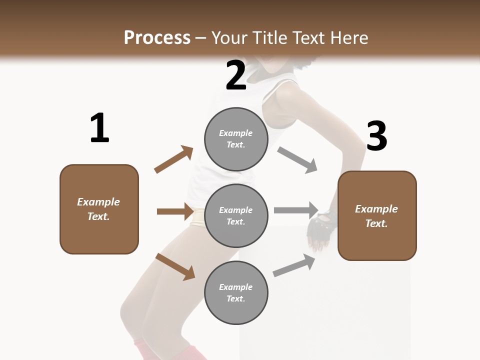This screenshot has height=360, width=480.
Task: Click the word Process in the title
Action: click(157, 38)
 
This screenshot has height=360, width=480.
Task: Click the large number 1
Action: click(99, 128)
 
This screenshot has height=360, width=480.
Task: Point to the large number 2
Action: click(236, 75)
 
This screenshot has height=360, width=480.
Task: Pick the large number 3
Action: click(376, 136)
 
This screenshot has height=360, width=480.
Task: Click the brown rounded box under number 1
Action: click(99, 209)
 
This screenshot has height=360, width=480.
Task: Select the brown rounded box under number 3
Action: click(377, 215)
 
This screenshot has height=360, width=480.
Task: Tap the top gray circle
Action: click(236, 139)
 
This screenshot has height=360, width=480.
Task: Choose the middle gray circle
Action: click(236, 215)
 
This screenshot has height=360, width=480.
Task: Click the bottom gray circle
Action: click(236, 292)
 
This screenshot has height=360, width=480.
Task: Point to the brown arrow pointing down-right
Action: click(175, 266)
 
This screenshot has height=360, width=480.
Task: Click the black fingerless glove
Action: click(320, 227)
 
